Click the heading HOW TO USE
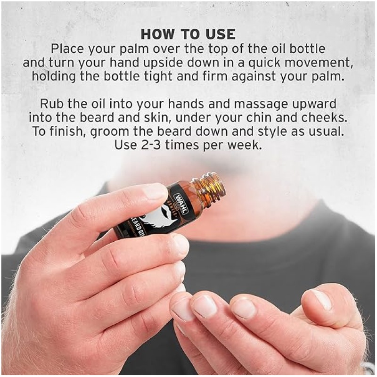point(188,34)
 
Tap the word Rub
point(52,104)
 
